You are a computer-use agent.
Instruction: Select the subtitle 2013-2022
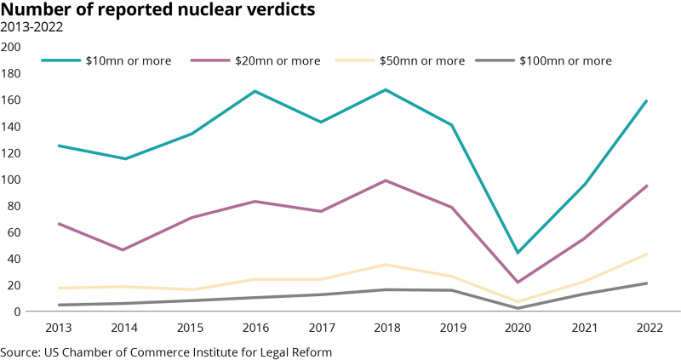tap(31, 27)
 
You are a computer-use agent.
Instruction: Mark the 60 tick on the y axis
tap(14, 232)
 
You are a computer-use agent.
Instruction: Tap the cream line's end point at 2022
tap(647, 254)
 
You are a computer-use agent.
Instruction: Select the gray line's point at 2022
tap(647, 283)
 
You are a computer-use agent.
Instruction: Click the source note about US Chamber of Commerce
tap(166, 351)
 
